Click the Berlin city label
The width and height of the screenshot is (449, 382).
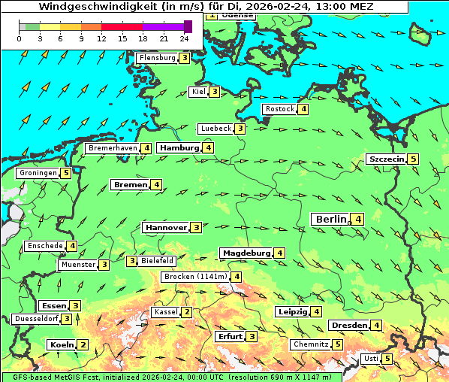click(330, 219)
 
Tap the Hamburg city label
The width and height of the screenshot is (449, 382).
click(179, 148)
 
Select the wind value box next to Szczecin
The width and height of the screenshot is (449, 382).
click(413, 159)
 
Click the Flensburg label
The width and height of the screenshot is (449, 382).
click(157, 58)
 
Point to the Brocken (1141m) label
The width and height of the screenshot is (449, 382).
click(194, 277)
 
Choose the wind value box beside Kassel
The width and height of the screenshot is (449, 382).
click(187, 312)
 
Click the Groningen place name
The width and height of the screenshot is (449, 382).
click(38, 173)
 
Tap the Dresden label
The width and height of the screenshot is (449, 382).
click(348, 325)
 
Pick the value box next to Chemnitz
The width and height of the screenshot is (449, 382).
click(338, 344)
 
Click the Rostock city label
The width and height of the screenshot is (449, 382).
click(280, 109)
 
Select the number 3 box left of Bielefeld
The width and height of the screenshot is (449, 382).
click(132, 261)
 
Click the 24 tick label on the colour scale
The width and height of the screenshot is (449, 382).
click(185, 38)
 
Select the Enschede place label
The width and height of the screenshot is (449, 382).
click(44, 246)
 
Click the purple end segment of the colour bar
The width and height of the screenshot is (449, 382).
click(188, 26)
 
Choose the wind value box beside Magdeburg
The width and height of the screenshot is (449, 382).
click(279, 253)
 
